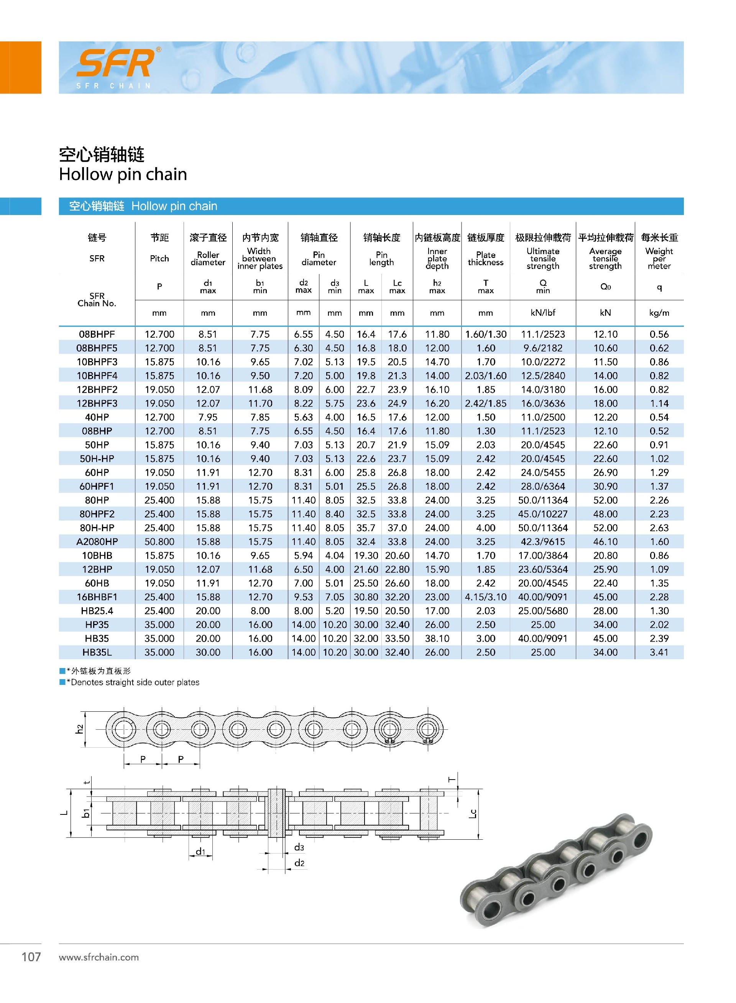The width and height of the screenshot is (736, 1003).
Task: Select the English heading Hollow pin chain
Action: click(x=123, y=174)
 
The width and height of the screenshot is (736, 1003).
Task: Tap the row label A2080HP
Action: click(x=97, y=542)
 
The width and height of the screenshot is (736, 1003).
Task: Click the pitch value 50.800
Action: click(x=159, y=542)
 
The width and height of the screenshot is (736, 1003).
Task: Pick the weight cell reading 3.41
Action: click(x=659, y=652)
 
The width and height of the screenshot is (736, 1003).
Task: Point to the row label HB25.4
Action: click(x=97, y=611)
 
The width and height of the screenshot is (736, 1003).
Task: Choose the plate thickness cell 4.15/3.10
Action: click(x=485, y=597)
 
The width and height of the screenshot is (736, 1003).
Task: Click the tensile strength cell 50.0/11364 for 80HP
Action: click(x=543, y=500)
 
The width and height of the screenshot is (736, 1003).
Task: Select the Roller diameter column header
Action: click(x=208, y=258)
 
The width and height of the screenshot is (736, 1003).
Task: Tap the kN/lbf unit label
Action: click(x=543, y=313)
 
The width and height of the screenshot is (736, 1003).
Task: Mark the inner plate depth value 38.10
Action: click(x=437, y=638)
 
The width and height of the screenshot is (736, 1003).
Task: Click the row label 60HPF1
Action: click(x=97, y=486)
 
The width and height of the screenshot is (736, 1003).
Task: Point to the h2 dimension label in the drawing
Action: click(x=79, y=729)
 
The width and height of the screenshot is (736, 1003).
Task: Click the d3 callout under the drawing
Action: click(x=299, y=847)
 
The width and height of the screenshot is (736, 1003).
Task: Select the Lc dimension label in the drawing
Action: click(x=473, y=814)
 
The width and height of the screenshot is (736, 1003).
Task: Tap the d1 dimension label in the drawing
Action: click(x=200, y=852)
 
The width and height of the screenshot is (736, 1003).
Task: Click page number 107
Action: click(x=31, y=957)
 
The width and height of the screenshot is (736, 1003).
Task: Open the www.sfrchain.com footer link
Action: click(x=99, y=957)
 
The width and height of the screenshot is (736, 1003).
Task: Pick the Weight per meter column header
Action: click(x=659, y=258)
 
